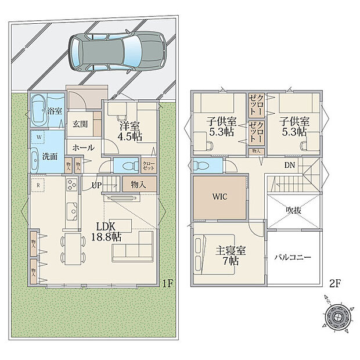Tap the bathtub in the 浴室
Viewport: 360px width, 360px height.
39,109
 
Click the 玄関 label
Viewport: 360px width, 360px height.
81,124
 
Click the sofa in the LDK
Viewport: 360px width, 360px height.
133,250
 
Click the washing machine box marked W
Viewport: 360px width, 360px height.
38,138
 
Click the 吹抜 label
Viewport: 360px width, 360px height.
294,210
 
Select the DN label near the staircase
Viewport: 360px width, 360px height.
289,165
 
